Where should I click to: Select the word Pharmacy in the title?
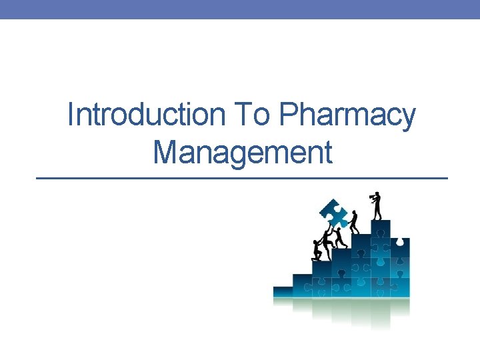point(347,116)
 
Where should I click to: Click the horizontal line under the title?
point(241,179)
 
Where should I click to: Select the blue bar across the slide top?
point(240,9)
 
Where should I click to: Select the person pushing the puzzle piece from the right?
point(354,222)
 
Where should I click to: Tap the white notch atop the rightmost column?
point(400,239)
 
